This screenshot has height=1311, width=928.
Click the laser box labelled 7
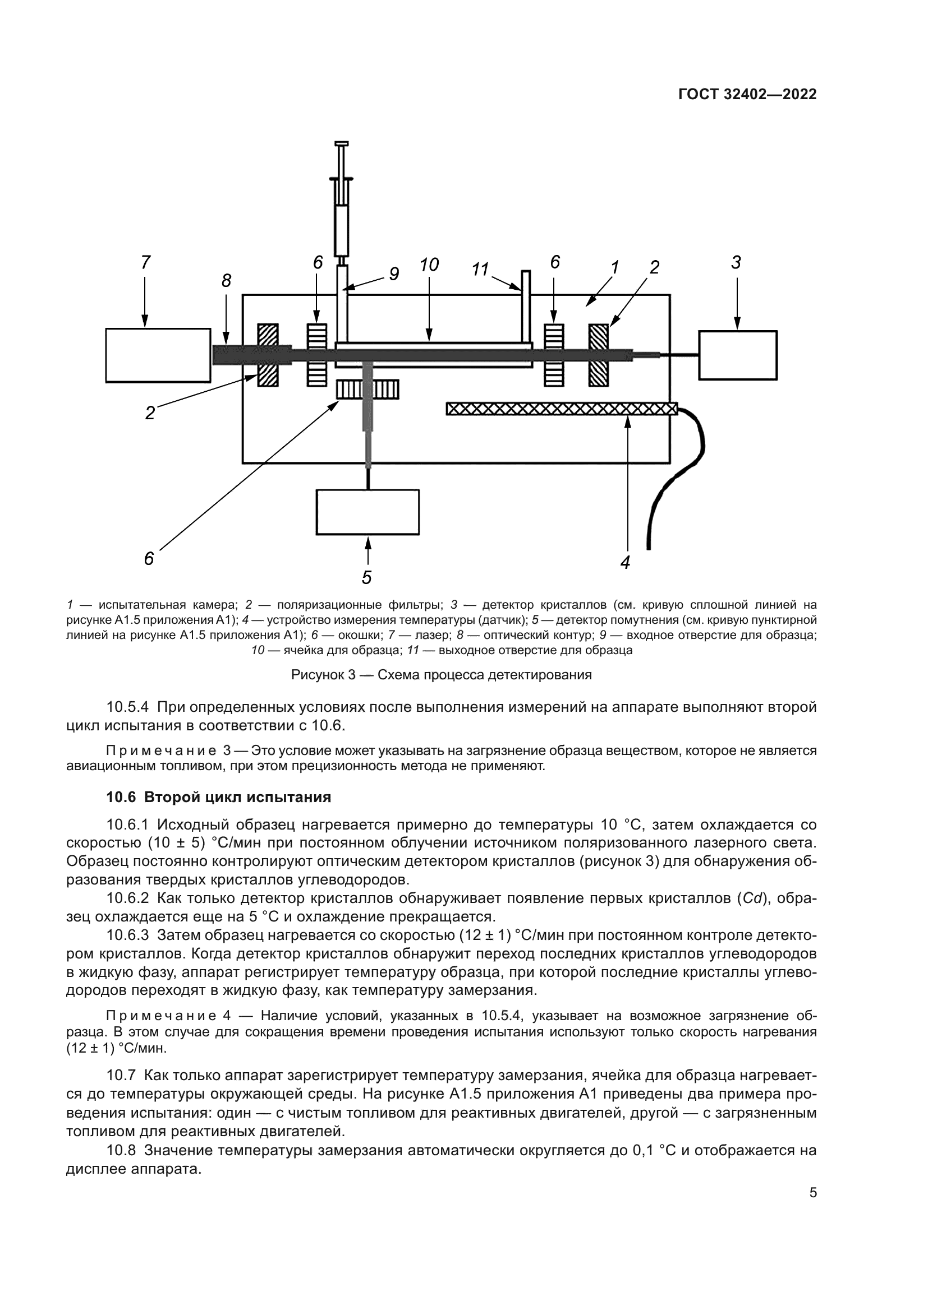(158, 355)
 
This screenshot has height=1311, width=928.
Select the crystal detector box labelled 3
(737, 355)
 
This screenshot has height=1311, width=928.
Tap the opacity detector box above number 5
(367, 512)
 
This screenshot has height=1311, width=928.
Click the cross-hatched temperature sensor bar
(561, 409)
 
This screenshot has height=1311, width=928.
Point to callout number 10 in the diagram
(429, 265)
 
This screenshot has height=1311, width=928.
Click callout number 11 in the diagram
(481, 270)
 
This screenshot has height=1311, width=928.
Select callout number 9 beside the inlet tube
(394, 275)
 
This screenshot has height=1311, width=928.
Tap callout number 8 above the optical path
(226, 281)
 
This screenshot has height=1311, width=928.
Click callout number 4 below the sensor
(626, 562)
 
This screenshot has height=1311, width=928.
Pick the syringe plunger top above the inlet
(342, 143)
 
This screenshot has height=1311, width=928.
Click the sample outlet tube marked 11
(526, 305)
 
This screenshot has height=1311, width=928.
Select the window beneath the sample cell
(367, 390)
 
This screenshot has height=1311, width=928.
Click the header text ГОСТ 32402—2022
(747, 95)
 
